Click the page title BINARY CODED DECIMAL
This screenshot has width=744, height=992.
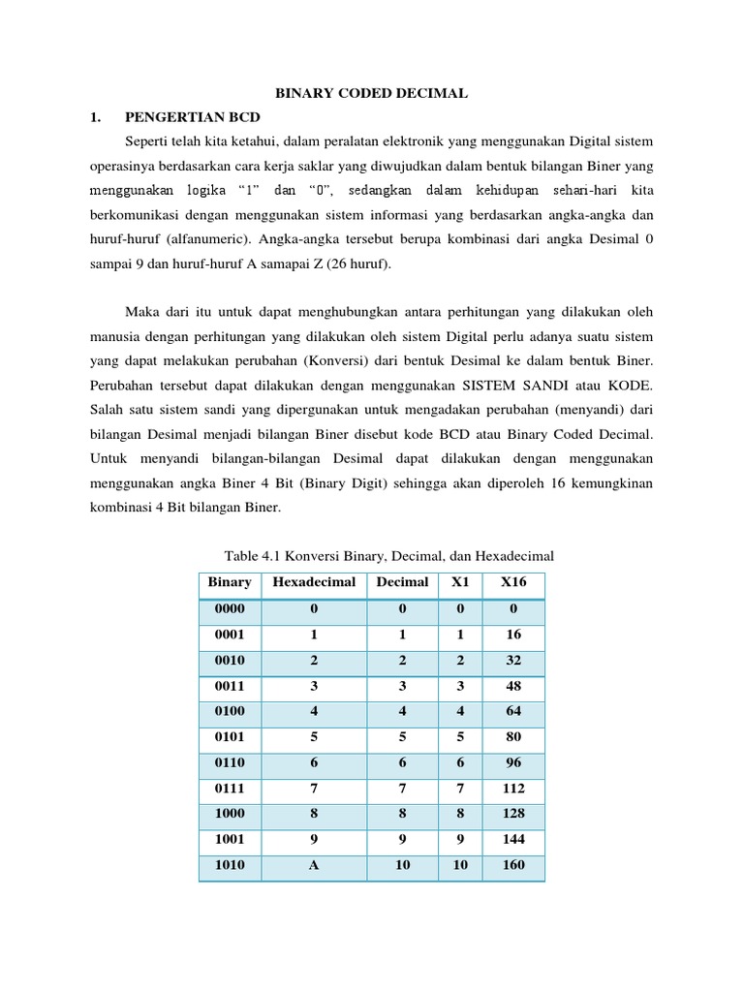coord(372,93)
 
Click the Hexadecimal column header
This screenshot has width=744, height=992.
coord(314,582)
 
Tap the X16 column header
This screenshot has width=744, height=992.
coord(513,582)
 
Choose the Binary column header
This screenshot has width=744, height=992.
coord(230,582)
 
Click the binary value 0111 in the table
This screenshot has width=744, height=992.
coord(230,788)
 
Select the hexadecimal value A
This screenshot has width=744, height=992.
coord(314,865)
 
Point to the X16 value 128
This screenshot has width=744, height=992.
coord(513,814)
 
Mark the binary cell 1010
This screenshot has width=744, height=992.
coord(230,865)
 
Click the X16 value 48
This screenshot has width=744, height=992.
coord(513,686)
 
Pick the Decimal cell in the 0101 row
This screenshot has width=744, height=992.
coord(402,736)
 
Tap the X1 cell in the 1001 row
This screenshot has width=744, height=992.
coord(460,839)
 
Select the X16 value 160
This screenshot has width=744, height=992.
coord(513,865)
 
